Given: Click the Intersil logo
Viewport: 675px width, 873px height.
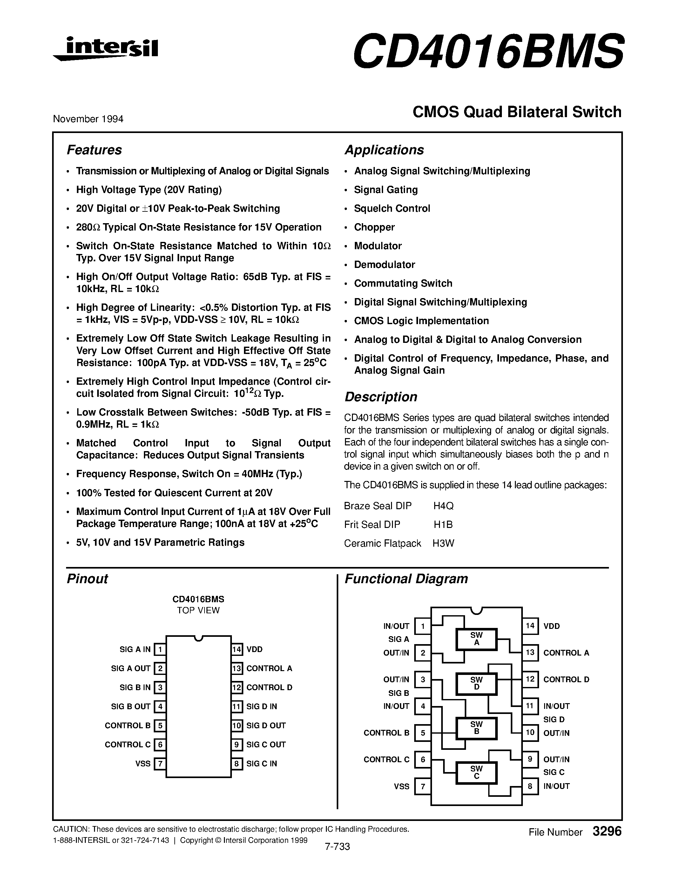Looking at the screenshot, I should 105,49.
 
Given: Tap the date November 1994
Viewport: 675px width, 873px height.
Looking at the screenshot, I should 88,119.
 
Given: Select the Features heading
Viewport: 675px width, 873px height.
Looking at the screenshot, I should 94,150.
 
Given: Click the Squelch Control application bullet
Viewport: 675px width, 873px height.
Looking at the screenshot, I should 392,208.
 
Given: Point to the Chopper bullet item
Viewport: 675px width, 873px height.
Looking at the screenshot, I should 374,227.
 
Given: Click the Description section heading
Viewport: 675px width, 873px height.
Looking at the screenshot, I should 381,397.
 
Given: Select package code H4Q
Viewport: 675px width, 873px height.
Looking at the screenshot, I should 443,506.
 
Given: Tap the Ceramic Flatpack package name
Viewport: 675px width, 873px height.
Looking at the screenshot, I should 382,543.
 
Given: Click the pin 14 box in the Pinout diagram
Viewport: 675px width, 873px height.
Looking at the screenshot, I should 237,649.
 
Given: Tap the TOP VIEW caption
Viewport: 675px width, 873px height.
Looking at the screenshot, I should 198,610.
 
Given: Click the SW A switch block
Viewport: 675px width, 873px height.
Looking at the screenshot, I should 476,639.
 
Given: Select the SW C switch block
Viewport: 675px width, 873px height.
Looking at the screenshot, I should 476,772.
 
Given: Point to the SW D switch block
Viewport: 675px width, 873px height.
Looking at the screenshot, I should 476,683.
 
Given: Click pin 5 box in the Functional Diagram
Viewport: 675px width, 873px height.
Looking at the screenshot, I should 423,733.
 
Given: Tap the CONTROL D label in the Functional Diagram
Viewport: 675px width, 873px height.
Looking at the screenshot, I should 566,679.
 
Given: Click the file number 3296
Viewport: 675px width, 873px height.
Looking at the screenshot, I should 607,831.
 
